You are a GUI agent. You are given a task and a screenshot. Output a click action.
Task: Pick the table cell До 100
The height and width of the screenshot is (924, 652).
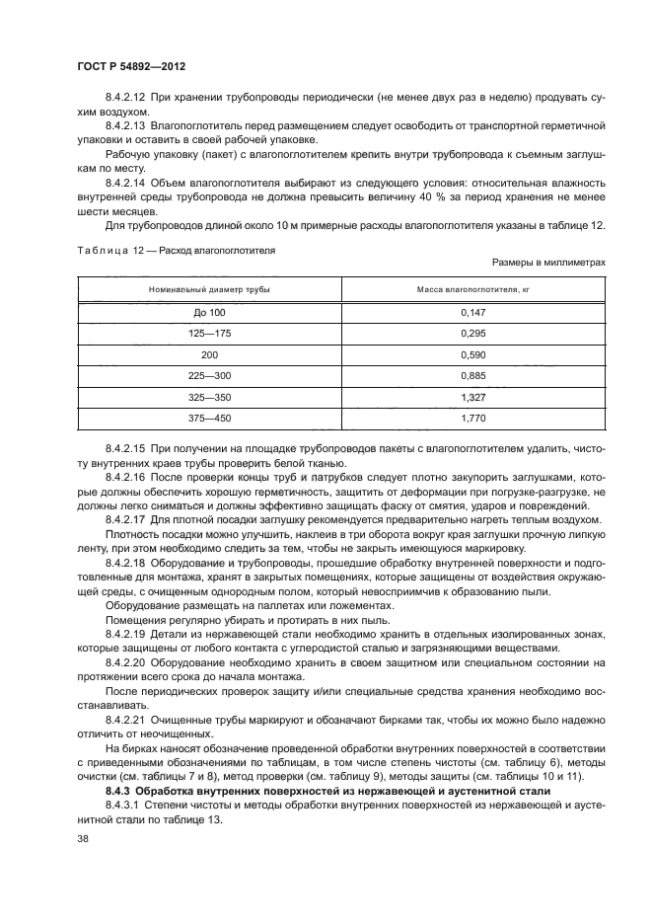(209, 311)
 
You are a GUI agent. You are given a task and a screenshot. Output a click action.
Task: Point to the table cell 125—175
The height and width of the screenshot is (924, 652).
(209, 333)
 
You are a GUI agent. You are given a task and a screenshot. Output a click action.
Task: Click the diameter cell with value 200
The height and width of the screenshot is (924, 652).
(209, 353)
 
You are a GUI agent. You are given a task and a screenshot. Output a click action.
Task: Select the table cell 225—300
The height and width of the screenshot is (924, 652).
(209, 375)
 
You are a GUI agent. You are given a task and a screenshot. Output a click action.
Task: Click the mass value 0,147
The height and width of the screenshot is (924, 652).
(473, 311)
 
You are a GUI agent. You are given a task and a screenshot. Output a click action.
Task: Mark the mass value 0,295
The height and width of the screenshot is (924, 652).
(473, 333)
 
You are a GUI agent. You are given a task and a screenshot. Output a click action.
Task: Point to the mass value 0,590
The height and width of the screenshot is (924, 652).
(473, 353)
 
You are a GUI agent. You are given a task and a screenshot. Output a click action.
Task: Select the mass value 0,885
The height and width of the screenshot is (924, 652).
(473, 375)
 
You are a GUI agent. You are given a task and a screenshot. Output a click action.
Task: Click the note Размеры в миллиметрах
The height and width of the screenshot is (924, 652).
(547, 263)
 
